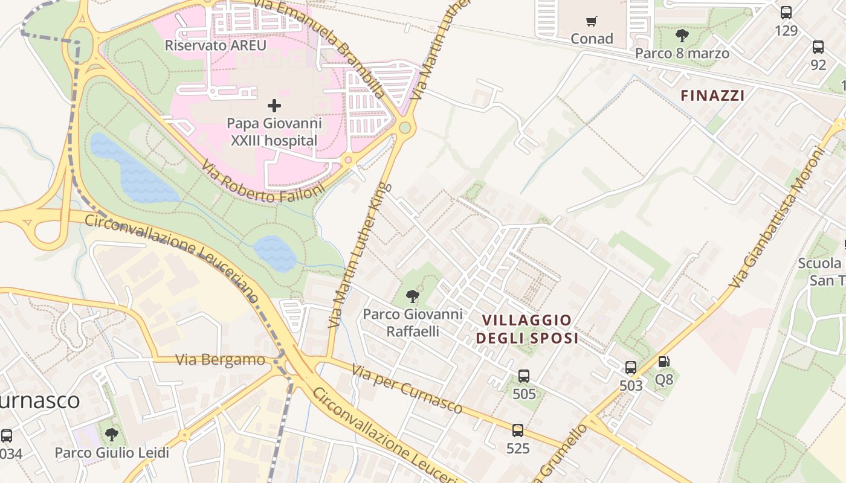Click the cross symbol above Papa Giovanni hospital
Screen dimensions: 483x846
[x=274, y=106]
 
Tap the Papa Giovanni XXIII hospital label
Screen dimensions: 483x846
[x=274, y=132]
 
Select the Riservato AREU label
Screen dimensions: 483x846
[x=216, y=45]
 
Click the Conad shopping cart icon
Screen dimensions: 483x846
[x=592, y=22]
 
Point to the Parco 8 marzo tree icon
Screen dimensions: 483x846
[x=682, y=36]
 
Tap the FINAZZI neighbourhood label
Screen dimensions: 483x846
[x=712, y=95]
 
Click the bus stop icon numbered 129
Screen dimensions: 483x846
[x=786, y=13]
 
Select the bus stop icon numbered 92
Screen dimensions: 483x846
[x=818, y=47]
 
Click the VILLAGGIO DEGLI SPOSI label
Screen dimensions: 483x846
[x=527, y=329]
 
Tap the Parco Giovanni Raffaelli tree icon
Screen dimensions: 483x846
[x=413, y=296]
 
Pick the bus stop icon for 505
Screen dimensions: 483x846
[x=524, y=376]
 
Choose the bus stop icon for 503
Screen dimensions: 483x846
[x=631, y=368]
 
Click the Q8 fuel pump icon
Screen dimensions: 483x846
[x=664, y=362]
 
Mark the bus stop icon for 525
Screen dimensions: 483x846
[x=518, y=430]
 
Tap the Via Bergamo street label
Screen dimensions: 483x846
[x=220, y=360]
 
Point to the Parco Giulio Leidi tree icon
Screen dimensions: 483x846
[x=111, y=435]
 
